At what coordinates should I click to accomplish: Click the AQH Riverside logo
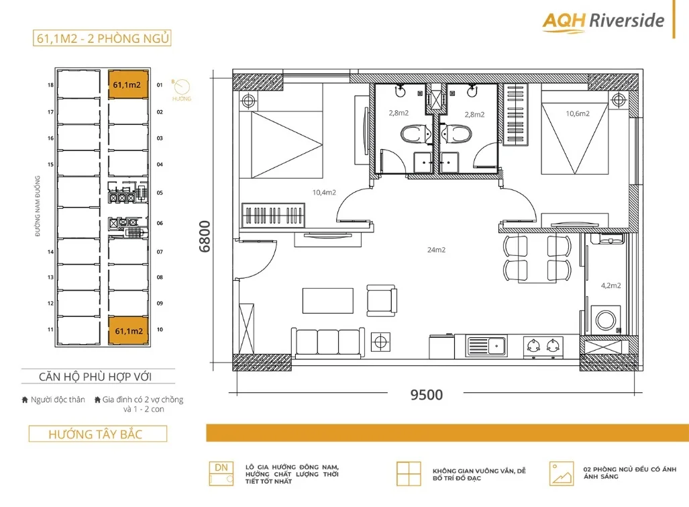pos(603,21)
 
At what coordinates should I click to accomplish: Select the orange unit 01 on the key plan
pos(127,85)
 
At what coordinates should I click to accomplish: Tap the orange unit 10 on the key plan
pos(127,330)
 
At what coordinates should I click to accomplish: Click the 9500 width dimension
pos(426,395)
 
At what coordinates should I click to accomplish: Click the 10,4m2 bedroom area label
pos(324,193)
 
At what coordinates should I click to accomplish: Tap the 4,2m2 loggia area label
pos(611,285)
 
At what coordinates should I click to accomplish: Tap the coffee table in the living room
pos(327,300)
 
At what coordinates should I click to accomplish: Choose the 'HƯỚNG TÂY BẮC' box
pos(97,434)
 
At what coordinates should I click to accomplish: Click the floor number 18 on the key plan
pos(50,85)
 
